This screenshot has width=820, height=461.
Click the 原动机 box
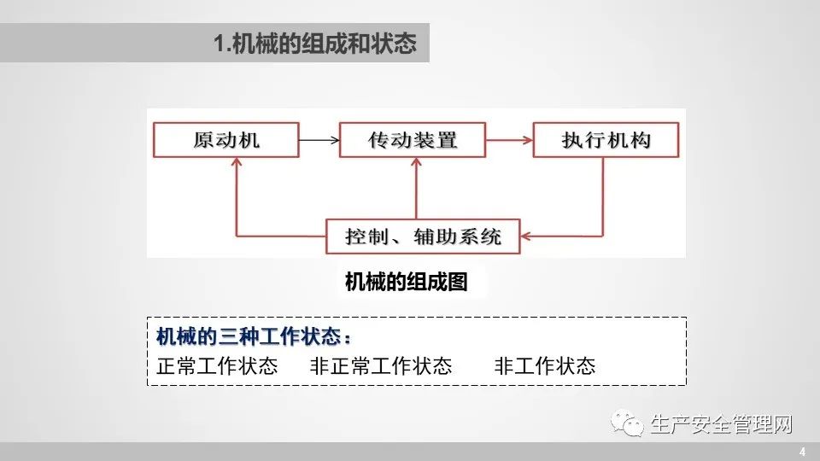pyautogui.click(x=225, y=140)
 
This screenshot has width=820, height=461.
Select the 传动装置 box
pyautogui.click(x=413, y=140)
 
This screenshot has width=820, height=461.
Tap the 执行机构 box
pyautogui.click(x=606, y=140)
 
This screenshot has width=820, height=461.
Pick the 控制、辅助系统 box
pyautogui.click(x=424, y=236)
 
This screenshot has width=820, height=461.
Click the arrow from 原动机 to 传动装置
pyautogui.click(x=319, y=140)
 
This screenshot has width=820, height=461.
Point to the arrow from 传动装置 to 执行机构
pyautogui.click(x=509, y=140)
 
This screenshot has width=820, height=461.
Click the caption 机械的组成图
pyautogui.click(x=406, y=283)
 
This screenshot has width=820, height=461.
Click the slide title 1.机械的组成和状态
pyautogui.click(x=315, y=44)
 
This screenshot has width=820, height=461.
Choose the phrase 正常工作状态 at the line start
pyautogui.click(x=218, y=366)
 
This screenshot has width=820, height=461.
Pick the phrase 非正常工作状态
pyautogui.click(x=381, y=366)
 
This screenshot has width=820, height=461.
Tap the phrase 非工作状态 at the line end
pyautogui.click(x=544, y=366)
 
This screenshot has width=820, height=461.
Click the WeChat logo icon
pyautogui.click(x=631, y=423)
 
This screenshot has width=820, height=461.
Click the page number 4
pyautogui.click(x=801, y=451)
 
